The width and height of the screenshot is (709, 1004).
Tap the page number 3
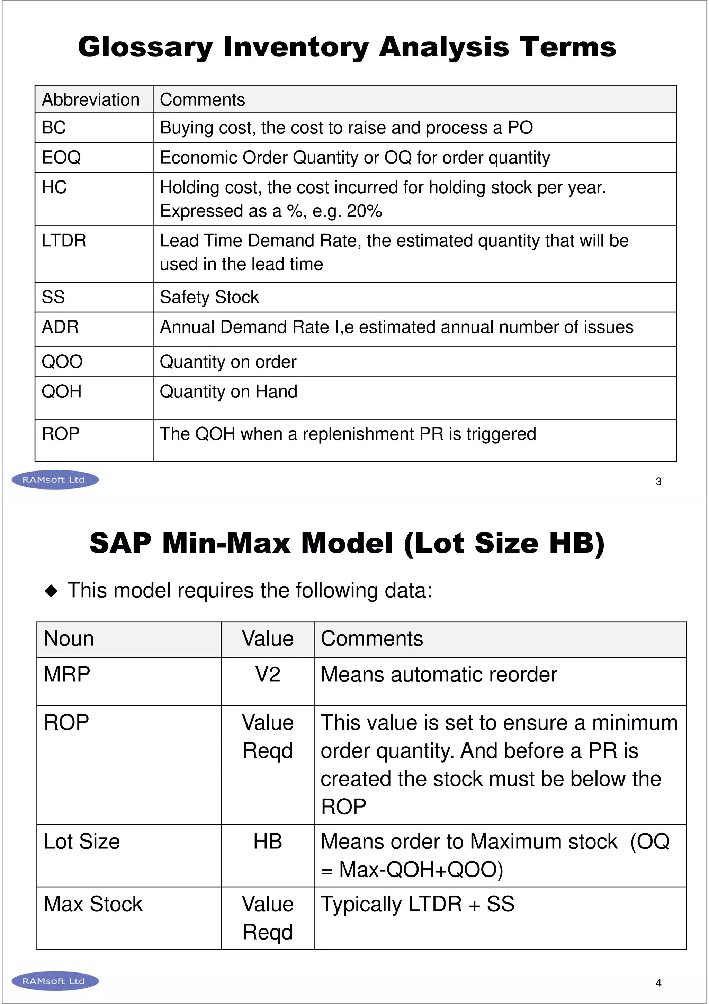pos(658,482)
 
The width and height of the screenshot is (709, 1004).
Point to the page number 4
pos(658,983)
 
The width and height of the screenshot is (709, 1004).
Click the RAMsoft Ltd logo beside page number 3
pos(55,480)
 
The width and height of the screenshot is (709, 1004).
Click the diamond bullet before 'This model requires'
pos(52,591)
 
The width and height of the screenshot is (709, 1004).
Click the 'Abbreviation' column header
pos(91,100)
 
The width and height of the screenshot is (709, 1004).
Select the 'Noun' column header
pos(69,639)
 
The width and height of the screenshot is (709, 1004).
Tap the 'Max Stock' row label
pos(93,904)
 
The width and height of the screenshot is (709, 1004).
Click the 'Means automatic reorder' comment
pos(439,675)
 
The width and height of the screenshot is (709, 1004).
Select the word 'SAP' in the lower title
pos(120,544)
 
